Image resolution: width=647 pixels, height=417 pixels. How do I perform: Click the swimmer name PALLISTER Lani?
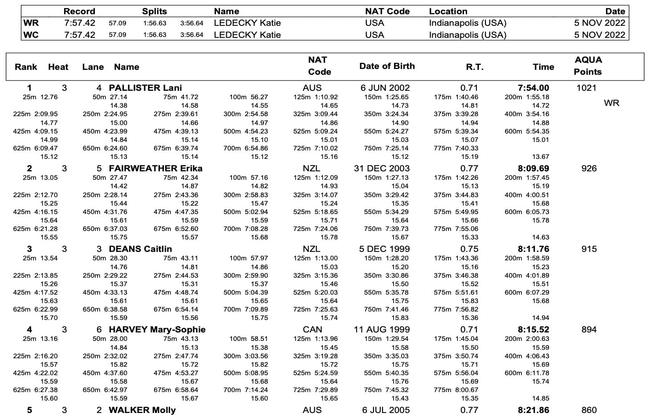pyautogui.click(x=145, y=88)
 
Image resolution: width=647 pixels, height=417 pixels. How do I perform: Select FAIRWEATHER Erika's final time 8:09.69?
pyautogui.click(x=533, y=168)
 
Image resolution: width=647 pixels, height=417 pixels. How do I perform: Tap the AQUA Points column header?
pyautogui.click(x=588, y=66)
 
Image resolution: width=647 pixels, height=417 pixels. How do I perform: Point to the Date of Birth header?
pyautogui.click(x=387, y=66)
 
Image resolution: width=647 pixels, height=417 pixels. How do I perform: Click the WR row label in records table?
pyautogui.click(x=31, y=23)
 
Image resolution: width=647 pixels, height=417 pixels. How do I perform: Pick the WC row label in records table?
pyautogui.click(x=31, y=35)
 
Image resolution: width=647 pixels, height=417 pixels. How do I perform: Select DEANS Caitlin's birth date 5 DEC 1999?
pyautogui.click(x=384, y=249)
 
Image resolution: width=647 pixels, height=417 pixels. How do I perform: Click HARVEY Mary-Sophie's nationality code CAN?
pyautogui.click(x=312, y=329)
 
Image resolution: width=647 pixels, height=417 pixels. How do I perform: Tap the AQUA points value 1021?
pyautogui.click(x=586, y=88)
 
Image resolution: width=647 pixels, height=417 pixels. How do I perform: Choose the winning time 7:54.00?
pyautogui.click(x=533, y=88)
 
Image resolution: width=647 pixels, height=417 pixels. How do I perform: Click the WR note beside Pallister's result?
pyautogui.click(x=611, y=103)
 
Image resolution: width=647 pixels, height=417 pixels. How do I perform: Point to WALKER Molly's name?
pyautogui.click(x=142, y=410)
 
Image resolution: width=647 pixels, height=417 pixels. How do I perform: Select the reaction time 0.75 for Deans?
pyautogui.click(x=469, y=249)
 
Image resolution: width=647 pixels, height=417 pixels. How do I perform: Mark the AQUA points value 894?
pyautogui.click(x=589, y=329)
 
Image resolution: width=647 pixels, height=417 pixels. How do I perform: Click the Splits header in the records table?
pyautogui.click(x=155, y=12)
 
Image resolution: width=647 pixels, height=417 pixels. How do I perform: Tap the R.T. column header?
pyautogui.click(x=474, y=67)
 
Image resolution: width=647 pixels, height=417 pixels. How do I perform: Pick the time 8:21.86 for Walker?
pyautogui.click(x=533, y=410)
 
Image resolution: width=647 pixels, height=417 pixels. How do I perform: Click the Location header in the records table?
pyautogui.click(x=448, y=12)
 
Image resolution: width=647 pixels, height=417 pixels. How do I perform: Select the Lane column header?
pyautogui.click(x=93, y=67)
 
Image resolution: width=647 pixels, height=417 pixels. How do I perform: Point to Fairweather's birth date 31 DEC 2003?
pyautogui.click(x=382, y=168)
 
